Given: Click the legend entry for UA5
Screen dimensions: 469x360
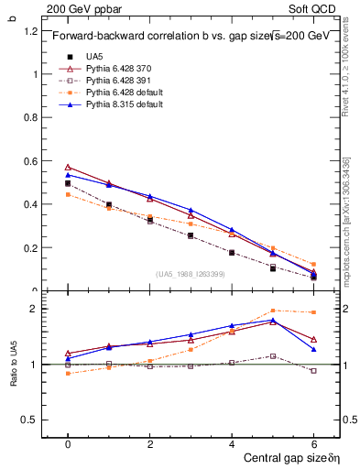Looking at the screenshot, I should click(94, 57).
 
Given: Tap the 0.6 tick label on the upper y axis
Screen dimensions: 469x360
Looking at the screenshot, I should click(32, 161).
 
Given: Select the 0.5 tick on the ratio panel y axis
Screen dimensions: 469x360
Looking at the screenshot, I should click(32, 420).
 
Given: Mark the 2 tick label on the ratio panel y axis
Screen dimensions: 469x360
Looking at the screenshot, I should click(35, 309).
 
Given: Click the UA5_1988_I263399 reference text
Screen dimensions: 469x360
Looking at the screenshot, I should click(191, 274).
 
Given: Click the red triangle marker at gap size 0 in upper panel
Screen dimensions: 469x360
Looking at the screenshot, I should click(68, 168).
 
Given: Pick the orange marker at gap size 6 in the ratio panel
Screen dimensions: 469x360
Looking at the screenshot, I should click(314, 312).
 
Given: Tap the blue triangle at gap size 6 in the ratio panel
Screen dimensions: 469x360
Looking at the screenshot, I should click(314, 349).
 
